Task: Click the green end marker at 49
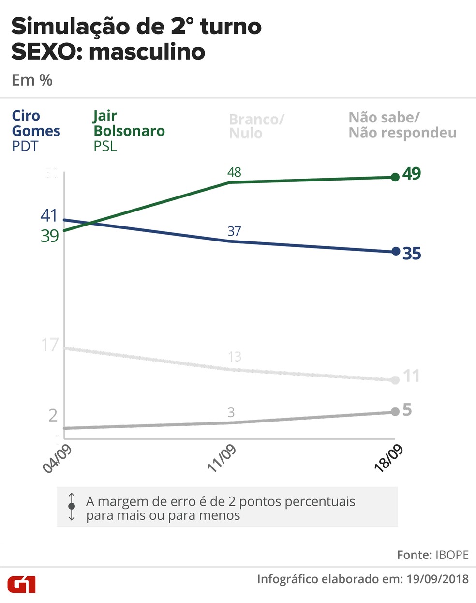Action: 395,177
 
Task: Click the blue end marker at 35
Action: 396,251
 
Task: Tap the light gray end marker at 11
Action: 395,380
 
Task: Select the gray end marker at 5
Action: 395,411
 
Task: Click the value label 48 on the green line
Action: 234,172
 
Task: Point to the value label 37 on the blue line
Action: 234,231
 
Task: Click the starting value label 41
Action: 49,215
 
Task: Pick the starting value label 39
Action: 49,236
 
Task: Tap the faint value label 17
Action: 50,345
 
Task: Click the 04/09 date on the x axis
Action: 57,458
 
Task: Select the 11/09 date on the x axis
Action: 222,458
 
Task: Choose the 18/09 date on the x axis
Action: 388,458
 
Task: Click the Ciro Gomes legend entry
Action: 36,130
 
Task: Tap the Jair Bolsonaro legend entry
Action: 129,130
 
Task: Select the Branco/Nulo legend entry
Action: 256,126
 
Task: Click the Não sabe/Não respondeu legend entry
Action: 402,125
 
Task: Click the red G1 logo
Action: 21,584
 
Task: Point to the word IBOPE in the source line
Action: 452,555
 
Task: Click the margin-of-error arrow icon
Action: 72,506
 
